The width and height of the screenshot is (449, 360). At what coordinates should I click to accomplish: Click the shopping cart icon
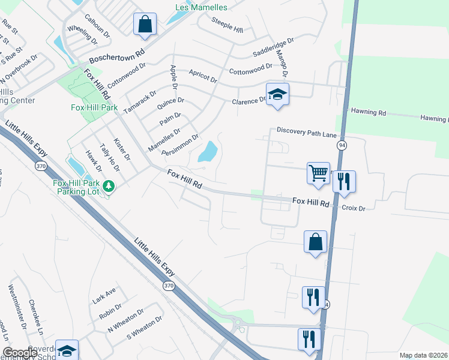[318, 173]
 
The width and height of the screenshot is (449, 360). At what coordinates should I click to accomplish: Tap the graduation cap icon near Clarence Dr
[277, 94]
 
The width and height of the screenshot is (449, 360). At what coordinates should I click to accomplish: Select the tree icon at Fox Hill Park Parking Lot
[109, 186]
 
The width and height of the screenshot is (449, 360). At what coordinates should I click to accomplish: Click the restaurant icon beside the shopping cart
[344, 181]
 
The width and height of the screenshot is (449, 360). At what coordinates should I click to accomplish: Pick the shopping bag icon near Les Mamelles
[145, 25]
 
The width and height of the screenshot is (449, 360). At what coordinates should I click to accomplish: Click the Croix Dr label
[353, 208]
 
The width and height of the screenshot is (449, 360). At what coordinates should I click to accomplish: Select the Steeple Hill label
[228, 25]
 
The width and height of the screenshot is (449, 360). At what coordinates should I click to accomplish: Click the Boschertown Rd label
[118, 56]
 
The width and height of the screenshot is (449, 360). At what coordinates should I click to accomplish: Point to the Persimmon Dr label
[180, 145]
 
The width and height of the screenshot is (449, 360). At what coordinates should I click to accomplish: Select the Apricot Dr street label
[202, 75]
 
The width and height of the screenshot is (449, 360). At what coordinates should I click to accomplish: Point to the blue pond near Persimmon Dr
[208, 152]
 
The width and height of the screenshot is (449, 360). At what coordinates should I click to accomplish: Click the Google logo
[20, 353]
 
